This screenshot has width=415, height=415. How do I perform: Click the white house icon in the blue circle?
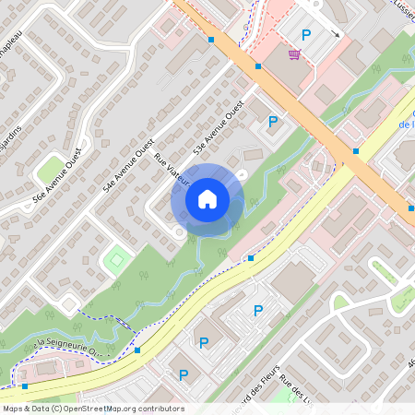(x=207, y=198)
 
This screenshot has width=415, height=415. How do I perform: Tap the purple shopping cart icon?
(x=293, y=54)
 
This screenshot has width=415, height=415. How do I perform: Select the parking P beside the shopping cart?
(x=307, y=35)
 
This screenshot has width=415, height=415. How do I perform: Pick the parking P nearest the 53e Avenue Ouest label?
(x=272, y=122)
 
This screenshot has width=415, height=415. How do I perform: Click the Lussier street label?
(x=400, y=6)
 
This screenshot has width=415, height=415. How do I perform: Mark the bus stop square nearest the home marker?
(x=251, y=258)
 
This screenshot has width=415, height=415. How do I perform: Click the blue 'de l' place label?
(x=404, y=123)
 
